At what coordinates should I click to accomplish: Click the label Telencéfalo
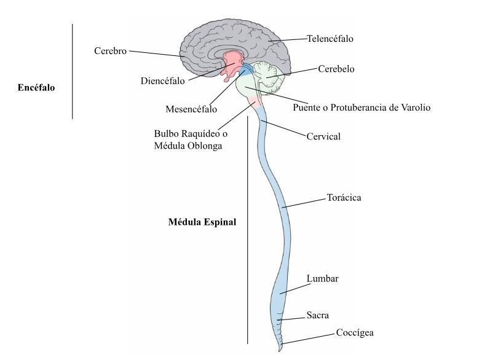(x=330, y=39)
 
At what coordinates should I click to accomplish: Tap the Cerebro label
(x=111, y=51)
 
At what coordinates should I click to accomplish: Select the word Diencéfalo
(x=162, y=80)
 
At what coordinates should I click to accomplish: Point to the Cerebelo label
(x=336, y=69)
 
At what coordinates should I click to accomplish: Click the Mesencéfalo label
(x=191, y=110)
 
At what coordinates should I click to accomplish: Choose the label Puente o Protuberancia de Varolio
(x=361, y=108)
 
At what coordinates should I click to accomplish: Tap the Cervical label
(x=323, y=136)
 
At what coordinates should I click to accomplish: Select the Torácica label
(x=343, y=198)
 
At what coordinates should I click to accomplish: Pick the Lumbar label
(x=322, y=279)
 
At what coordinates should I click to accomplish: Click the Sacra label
(x=318, y=316)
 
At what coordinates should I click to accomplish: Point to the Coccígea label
(x=355, y=333)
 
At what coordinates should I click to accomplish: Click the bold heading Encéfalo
(x=37, y=87)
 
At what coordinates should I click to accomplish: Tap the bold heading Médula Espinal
(x=202, y=221)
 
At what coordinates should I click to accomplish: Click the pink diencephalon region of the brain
(x=233, y=62)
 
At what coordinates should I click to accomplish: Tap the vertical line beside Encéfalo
(x=73, y=71)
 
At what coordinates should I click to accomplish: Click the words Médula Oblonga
(x=188, y=146)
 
